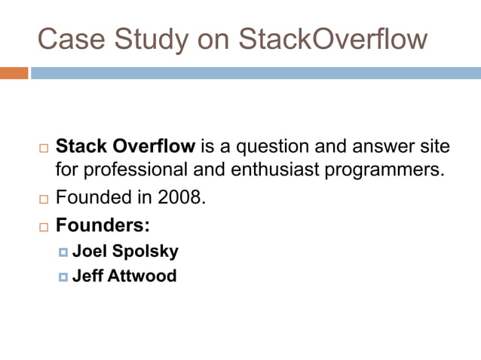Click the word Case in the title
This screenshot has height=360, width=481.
click(x=66, y=38)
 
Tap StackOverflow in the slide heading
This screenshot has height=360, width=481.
click(x=332, y=38)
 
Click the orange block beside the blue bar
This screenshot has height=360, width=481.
click(x=14, y=73)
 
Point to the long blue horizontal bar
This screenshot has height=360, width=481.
click(x=256, y=73)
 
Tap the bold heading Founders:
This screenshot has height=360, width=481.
click(x=103, y=226)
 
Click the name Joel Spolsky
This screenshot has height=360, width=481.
click(x=125, y=251)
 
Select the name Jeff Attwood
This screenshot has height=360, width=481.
click(x=124, y=276)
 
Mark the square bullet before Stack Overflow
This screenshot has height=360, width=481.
click(x=42, y=147)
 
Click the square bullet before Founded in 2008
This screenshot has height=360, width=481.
click(x=42, y=201)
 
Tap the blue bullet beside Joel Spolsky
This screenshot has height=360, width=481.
click(x=63, y=252)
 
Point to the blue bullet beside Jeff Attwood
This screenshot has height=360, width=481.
click(x=63, y=276)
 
